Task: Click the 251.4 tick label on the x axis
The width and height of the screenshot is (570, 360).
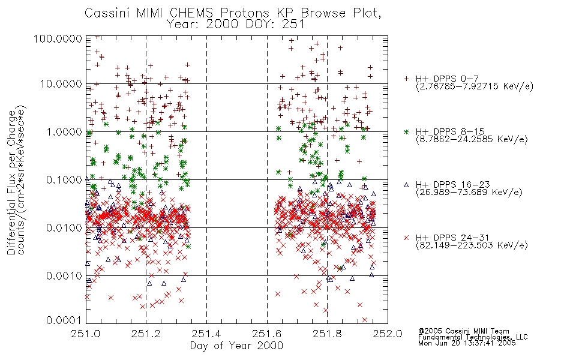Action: [207, 334]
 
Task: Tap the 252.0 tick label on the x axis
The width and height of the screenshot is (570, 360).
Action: [388, 334]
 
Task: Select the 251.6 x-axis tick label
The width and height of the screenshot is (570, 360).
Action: [267, 334]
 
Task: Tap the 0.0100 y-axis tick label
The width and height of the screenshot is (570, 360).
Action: [62, 228]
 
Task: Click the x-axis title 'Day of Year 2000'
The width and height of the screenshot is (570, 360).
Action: [236, 346]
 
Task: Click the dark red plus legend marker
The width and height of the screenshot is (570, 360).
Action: [406, 79]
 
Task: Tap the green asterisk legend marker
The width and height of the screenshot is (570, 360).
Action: [406, 131]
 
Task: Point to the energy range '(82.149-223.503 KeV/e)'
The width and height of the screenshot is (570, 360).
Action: [471, 245]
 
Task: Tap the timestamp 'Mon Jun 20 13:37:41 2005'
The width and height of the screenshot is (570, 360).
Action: [467, 344]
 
